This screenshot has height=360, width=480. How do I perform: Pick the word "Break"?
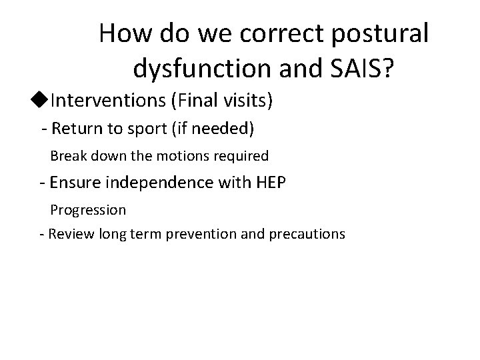[65, 156]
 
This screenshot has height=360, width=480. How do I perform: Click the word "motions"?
[184, 156]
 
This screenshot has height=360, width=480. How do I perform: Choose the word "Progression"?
[88, 210]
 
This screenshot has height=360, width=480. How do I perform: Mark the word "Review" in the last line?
[69, 234]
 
